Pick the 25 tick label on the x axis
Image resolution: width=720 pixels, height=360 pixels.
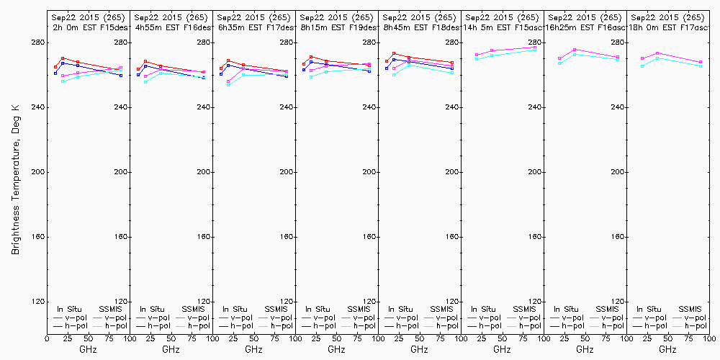pos(63,338)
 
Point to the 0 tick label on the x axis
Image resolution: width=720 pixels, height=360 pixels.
pos(47,338)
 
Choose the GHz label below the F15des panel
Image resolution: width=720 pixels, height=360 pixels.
pos(88,349)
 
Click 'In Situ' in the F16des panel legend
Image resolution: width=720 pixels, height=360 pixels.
pos(152,309)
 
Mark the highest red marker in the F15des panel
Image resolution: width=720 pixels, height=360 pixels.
pos(63,58)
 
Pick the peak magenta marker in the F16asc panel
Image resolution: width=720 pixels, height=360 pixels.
pos(575,50)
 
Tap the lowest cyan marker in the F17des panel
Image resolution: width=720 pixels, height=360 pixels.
pos(228,84)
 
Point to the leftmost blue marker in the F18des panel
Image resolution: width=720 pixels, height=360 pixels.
pos(387,69)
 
